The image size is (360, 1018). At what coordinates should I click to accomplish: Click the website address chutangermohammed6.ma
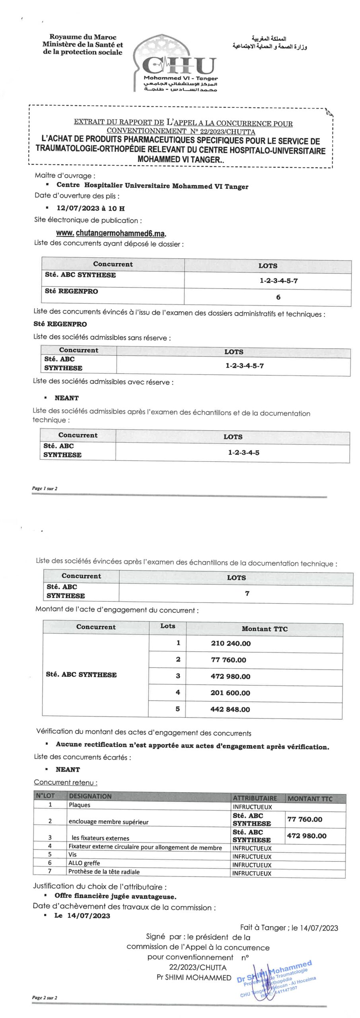111,233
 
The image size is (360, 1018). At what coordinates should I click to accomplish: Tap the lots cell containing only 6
278,297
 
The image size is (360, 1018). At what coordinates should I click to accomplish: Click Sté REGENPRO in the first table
72,291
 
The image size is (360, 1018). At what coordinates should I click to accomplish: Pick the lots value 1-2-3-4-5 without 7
243,453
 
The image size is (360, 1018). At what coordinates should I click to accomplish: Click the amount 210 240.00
231,643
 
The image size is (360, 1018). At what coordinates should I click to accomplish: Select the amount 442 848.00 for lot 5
230,709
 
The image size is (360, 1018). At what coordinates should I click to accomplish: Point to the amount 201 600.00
230,693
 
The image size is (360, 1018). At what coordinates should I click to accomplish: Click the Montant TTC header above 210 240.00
265,629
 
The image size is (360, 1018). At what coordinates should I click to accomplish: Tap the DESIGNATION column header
90,796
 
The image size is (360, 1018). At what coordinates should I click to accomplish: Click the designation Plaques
80,805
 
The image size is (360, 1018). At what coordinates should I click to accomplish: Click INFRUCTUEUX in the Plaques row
252,807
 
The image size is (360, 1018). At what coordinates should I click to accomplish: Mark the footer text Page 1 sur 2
45,488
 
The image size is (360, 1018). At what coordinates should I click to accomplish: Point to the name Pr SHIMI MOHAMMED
194,977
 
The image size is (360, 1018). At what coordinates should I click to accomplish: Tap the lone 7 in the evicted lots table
247,594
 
